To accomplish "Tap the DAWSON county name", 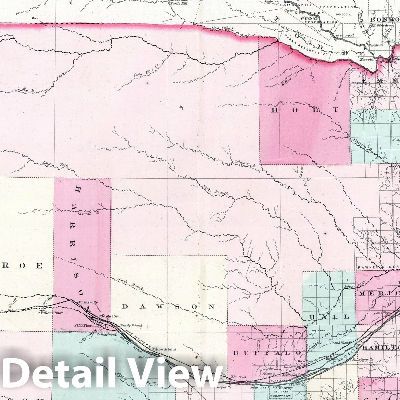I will (169, 307).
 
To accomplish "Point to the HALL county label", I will (329, 317).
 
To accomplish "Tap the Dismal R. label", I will (93, 213).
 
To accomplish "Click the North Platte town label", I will (88, 302).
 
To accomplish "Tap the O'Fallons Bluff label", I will (50, 313).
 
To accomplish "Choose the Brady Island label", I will (131, 326).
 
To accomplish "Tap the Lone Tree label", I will (380, 313).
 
